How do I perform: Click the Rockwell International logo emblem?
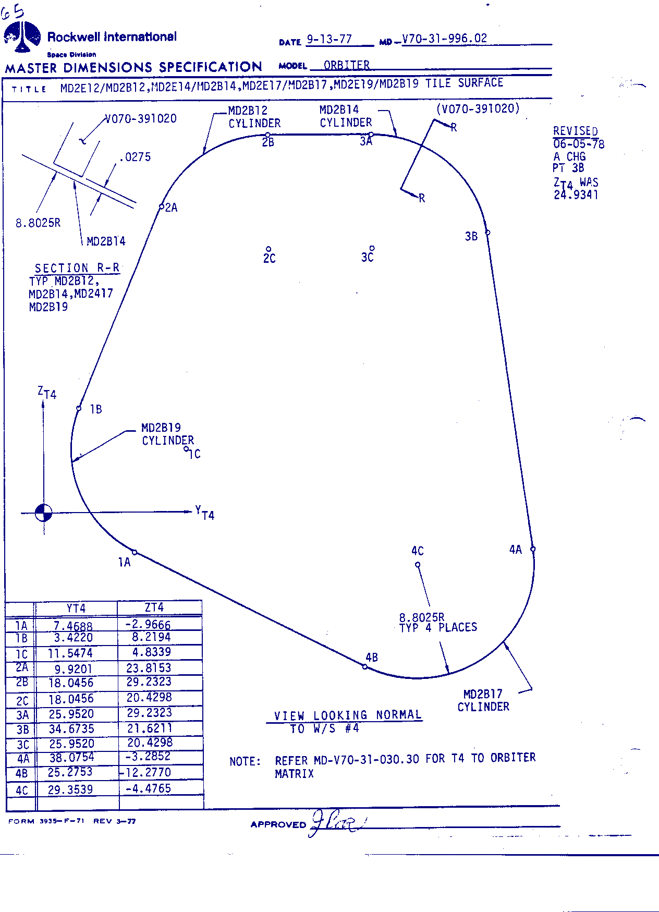(22, 37)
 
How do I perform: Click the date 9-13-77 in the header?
(329, 39)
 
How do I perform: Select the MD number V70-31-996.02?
(444, 38)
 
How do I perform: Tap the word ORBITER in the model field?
(347, 65)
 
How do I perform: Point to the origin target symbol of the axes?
(44, 513)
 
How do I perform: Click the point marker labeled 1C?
(187, 449)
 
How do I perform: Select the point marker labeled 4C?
(418, 564)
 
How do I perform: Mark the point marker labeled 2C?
(269, 249)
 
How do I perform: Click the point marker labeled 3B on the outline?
(487, 233)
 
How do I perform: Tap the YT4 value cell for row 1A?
(73, 626)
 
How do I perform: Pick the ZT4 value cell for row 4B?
(149, 772)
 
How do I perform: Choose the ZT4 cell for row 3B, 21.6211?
(149, 728)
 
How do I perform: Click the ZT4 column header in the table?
(154, 607)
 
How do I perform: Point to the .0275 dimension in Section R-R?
(135, 157)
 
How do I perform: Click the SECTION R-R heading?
(77, 268)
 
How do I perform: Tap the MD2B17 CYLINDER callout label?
(483, 700)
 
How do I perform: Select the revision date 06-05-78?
(579, 144)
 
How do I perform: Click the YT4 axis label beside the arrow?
(205, 513)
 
